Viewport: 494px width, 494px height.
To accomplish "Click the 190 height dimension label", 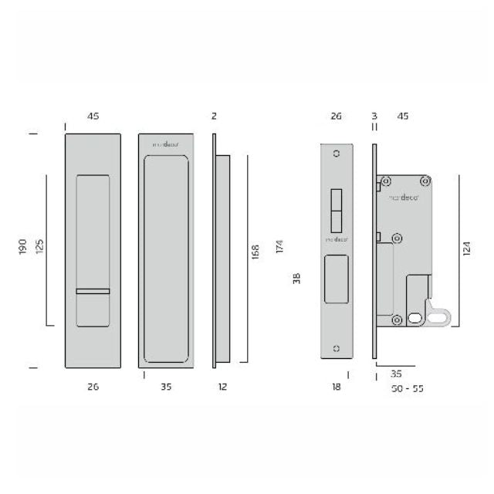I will coord(23,248).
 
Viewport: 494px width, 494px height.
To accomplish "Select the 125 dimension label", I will coord(39,248).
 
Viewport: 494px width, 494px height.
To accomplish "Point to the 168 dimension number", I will coord(255,252).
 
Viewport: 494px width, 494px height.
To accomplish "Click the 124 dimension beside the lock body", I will coord(467,250).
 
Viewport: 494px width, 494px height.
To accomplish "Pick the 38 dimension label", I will coord(296,279).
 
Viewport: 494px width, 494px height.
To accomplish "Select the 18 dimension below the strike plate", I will coord(336,387).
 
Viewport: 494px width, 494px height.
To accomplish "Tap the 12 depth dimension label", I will coord(222,387).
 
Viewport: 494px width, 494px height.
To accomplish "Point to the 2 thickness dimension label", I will coord(214,116).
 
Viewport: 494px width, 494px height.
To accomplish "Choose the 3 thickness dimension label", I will coord(374,116).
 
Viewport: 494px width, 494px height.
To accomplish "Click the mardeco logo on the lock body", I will coord(403,198).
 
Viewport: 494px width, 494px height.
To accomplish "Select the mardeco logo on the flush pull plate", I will coord(163,144).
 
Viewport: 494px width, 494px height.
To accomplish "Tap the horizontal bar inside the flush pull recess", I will coord(93,290).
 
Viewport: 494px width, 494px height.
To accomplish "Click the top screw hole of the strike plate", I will coord(336,154).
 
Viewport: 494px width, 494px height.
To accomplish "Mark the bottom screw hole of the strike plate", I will coord(336,349).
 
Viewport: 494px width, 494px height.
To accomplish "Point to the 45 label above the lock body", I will coord(403,116).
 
